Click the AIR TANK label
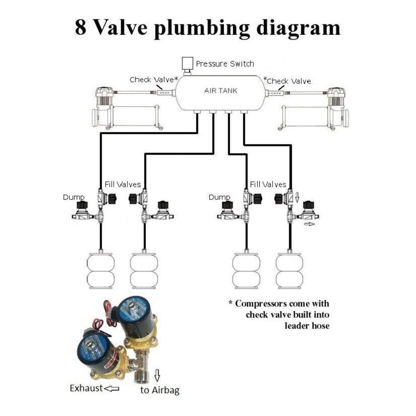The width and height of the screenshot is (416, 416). (x=221, y=91)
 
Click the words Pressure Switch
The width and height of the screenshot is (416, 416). (x=225, y=64)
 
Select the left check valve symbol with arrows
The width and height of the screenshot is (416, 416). (x=164, y=93)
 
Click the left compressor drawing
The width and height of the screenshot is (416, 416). (x=127, y=109)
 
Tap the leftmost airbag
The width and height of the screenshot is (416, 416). (x=100, y=271)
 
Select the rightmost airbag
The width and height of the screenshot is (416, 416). (x=289, y=271)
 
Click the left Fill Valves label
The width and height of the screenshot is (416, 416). (x=123, y=184)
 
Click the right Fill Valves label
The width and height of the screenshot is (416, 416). (x=268, y=184)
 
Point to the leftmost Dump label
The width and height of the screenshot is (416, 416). (x=73, y=197)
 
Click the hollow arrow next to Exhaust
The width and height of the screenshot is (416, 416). (x=111, y=389)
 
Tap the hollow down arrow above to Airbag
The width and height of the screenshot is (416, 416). (x=157, y=375)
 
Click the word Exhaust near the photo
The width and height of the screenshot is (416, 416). (x=86, y=388)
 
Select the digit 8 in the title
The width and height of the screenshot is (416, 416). (x=81, y=28)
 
